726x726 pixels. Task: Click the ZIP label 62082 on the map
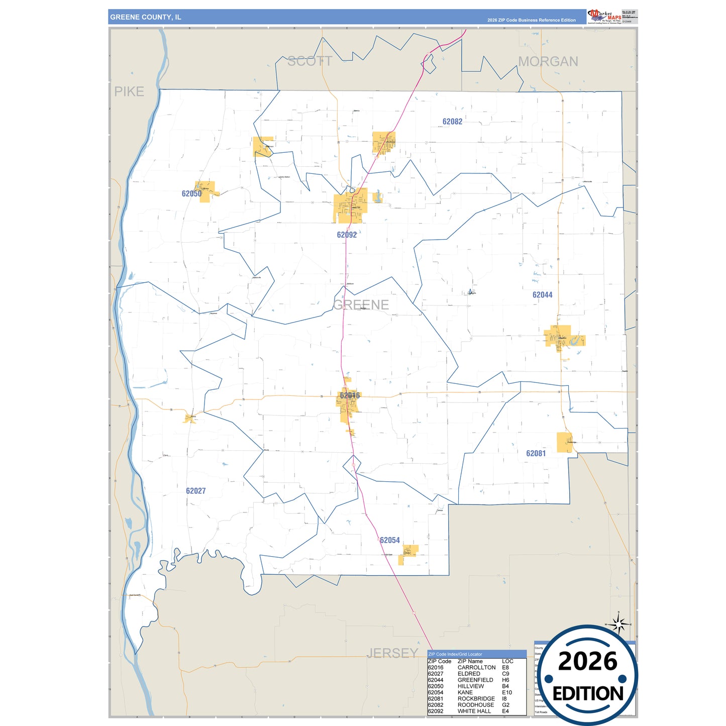(x=452, y=122)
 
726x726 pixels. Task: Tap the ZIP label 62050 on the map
(x=191, y=193)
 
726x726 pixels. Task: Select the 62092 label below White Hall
(x=347, y=235)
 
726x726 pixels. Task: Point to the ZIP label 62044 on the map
(x=542, y=295)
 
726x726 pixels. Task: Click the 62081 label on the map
(x=536, y=453)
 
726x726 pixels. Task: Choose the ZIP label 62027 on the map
(x=195, y=491)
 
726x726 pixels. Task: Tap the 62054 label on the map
(x=390, y=540)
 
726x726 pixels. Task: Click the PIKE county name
(x=129, y=91)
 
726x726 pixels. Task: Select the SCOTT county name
(x=309, y=61)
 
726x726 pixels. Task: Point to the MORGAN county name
(x=548, y=61)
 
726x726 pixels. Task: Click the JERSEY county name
(x=392, y=653)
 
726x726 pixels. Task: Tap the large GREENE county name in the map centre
(x=361, y=304)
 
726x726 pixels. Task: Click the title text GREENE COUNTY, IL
(x=146, y=17)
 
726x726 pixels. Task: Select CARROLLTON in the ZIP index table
(x=476, y=668)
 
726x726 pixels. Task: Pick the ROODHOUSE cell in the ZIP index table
(x=476, y=705)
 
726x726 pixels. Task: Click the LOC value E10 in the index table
(x=507, y=692)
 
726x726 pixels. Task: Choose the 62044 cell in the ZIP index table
(x=435, y=680)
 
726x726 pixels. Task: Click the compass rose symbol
(x=619, y=625)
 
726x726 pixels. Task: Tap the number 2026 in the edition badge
(x=587, y=661)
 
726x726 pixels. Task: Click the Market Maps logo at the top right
(x=604, y=16)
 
